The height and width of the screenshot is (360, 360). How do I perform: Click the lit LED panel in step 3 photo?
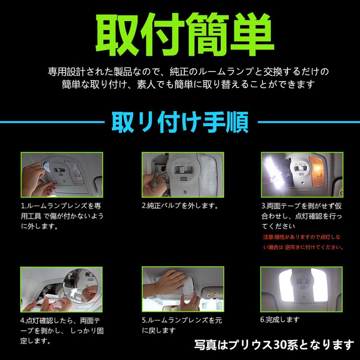tap(275, 168)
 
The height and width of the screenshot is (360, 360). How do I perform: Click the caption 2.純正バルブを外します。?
tap(179, 207)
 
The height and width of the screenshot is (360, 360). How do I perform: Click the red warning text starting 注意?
tap(302, 242)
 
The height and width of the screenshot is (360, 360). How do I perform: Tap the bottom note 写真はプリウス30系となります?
tap(274, 344)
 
